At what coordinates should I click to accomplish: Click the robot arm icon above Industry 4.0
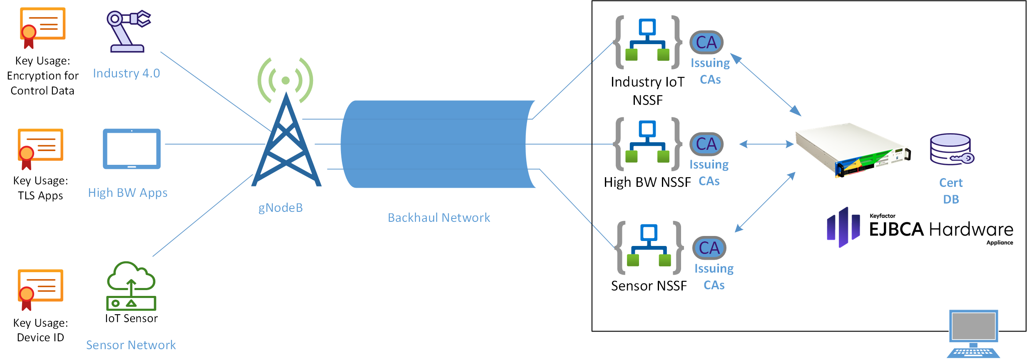[128, 32]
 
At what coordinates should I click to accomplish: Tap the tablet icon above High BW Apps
[132, 149]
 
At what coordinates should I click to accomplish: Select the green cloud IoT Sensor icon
[131, 286]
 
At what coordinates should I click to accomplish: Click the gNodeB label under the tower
[281, 208]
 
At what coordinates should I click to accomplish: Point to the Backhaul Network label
[439, 218]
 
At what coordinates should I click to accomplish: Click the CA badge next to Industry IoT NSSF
[706, 42]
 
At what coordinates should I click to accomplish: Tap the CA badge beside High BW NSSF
[706, 144]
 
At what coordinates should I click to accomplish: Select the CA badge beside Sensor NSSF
[709, 248]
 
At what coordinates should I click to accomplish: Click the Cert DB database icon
[952, 149]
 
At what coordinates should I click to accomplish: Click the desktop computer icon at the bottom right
[973, 333]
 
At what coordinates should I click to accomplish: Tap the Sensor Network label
[131, 345]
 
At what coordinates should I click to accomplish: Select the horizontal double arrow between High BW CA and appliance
[766, 144]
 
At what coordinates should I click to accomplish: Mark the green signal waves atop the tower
[286, 80]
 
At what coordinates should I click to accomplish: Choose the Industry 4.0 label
[127, 73]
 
